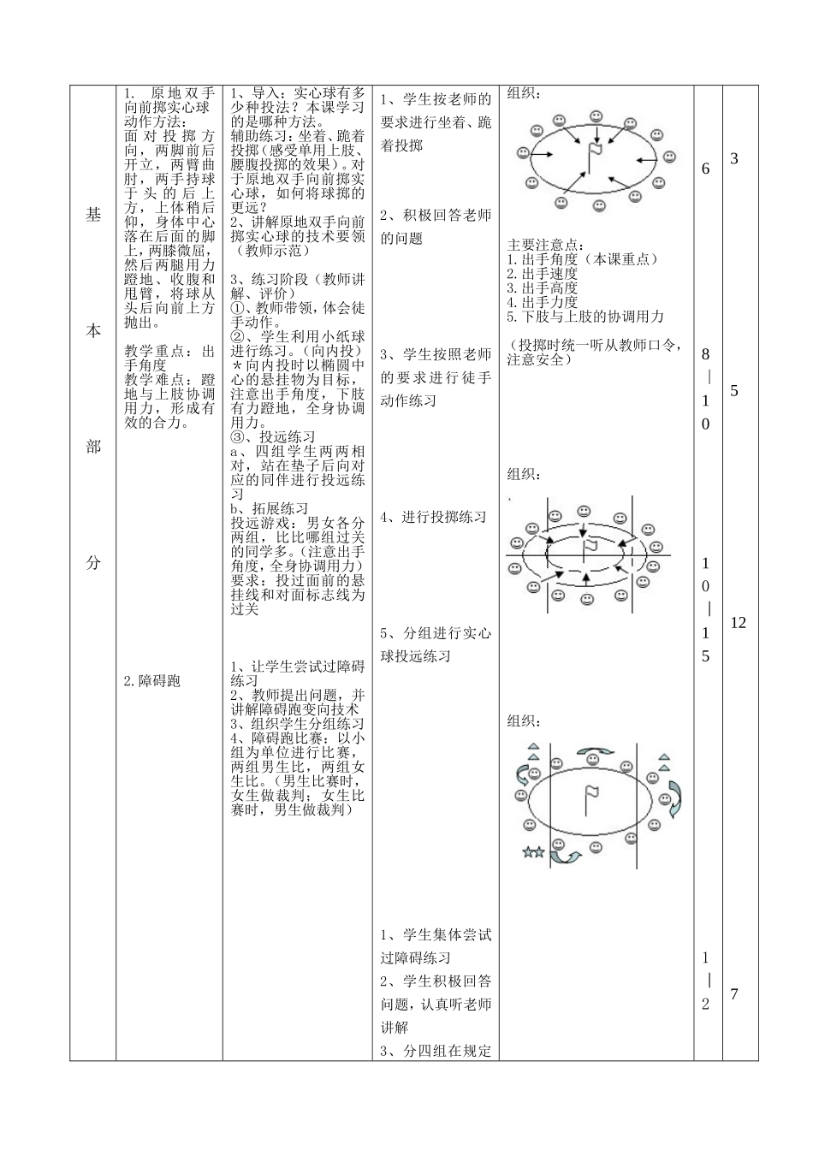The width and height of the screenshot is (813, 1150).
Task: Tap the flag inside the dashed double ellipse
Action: click(x=590, y=547)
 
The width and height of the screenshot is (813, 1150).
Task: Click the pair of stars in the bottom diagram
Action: click(x=533, y=852)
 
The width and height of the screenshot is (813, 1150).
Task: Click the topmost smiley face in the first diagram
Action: click(x=596, y=116)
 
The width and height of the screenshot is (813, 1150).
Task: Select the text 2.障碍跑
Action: click(x=152, y=681)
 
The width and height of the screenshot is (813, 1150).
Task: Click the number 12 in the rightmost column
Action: click(x=738, y=623)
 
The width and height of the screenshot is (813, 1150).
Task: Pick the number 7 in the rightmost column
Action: click(x=734, y=994)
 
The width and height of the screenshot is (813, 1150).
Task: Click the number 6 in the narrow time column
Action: click(x=706, y=169)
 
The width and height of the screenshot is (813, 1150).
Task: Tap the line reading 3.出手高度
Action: click(x=543, y=288)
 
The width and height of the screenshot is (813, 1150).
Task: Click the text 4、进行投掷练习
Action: click(x=434, y=517)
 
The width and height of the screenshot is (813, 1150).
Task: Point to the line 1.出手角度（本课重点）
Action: click(x=583, y=259)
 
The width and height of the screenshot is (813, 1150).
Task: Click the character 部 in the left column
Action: click(x=92, y=448)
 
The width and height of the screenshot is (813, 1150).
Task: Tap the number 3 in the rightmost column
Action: click(x=734, y=159)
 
